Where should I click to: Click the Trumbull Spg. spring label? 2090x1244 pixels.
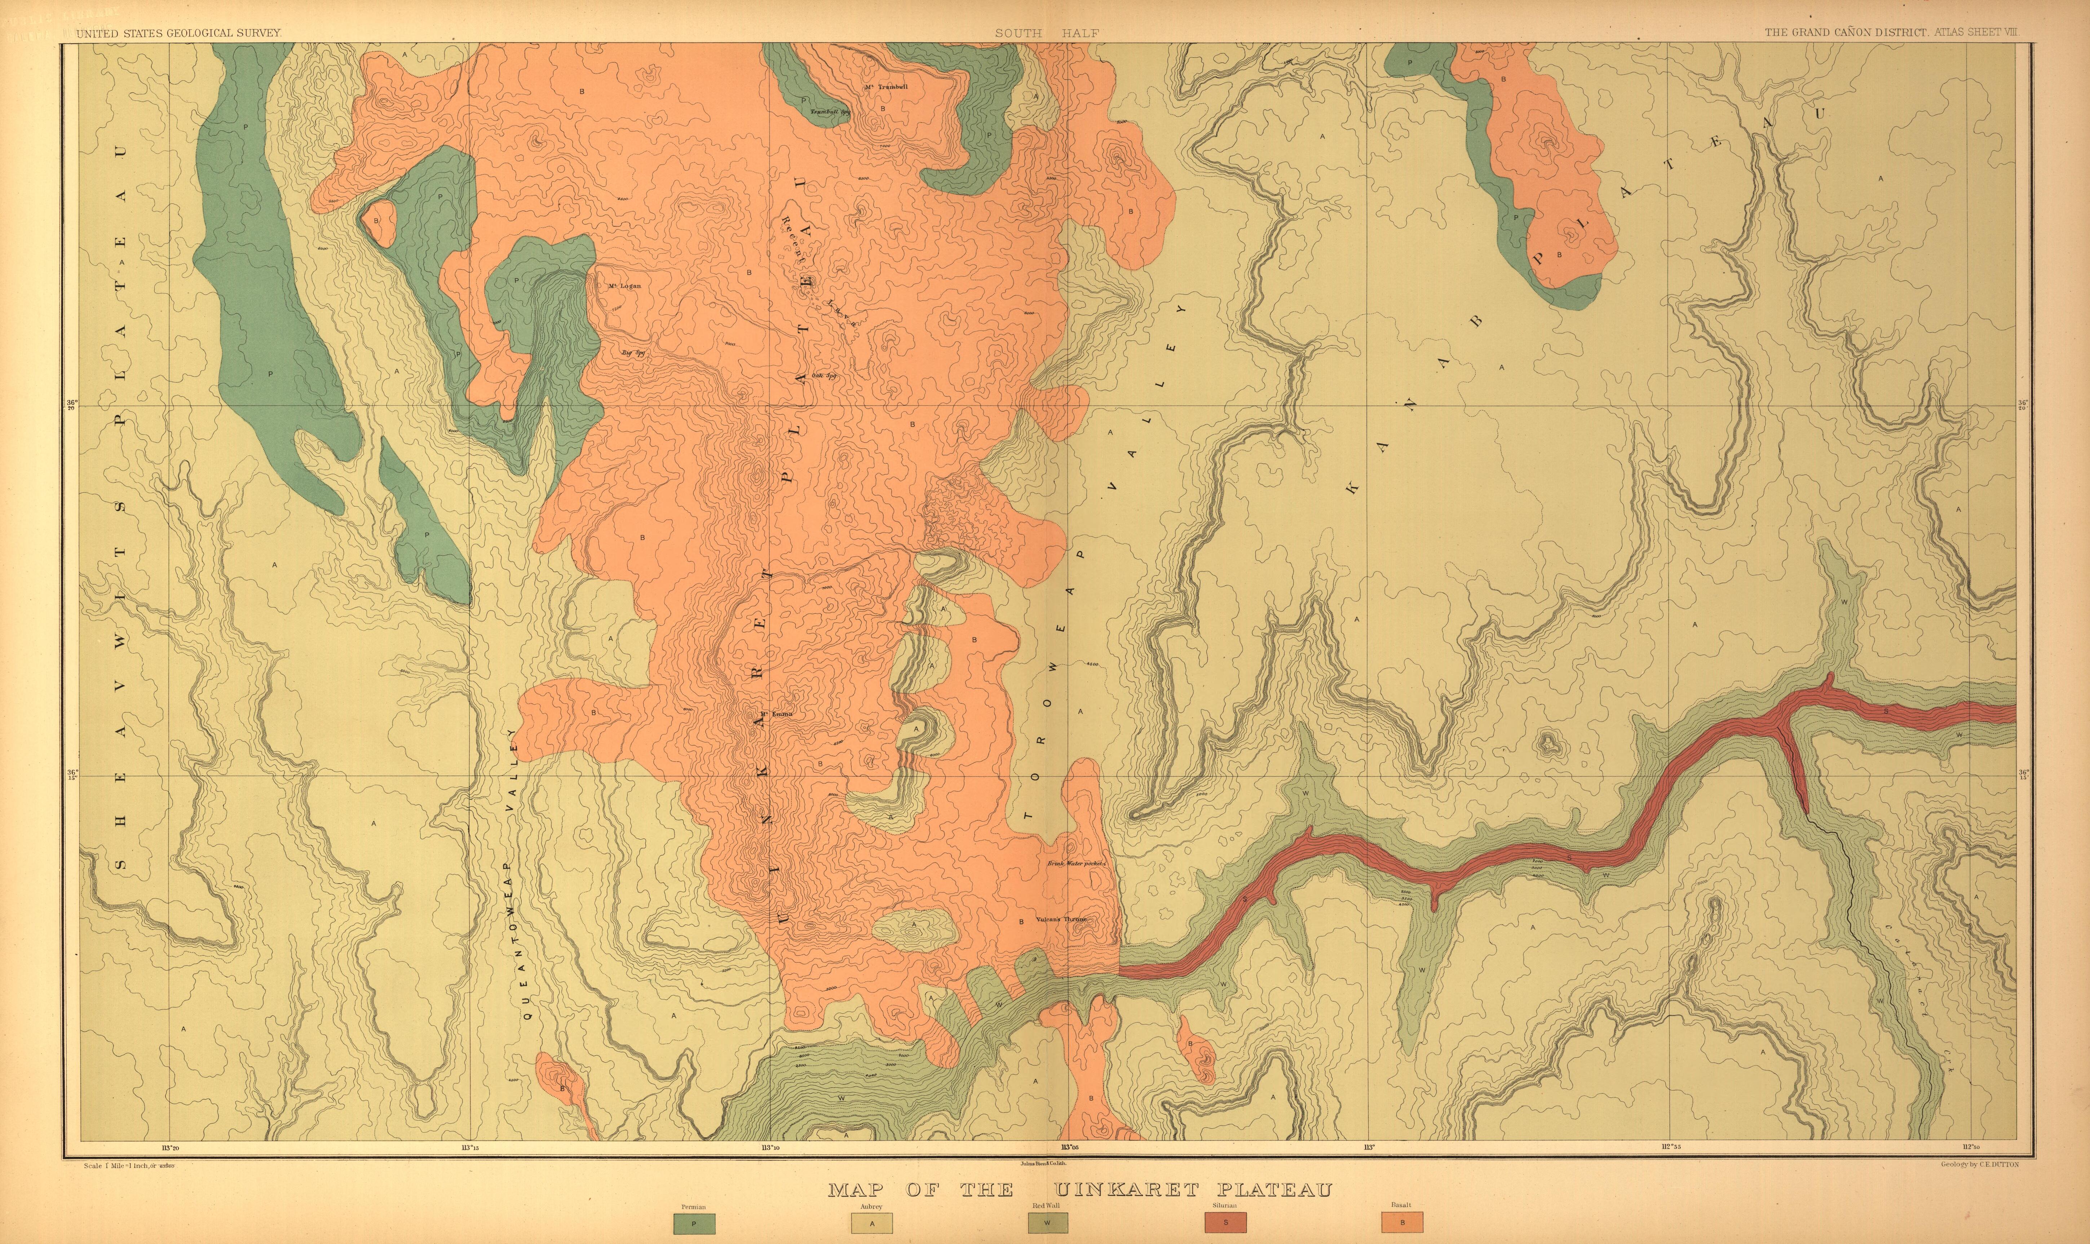[830, 111]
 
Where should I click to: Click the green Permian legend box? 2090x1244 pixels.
[693, 1223]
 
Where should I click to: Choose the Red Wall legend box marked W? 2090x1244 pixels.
[1047, 1223]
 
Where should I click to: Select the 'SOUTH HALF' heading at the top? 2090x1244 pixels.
[1047, 34]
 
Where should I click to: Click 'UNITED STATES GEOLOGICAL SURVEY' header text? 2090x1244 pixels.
[178, 34]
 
